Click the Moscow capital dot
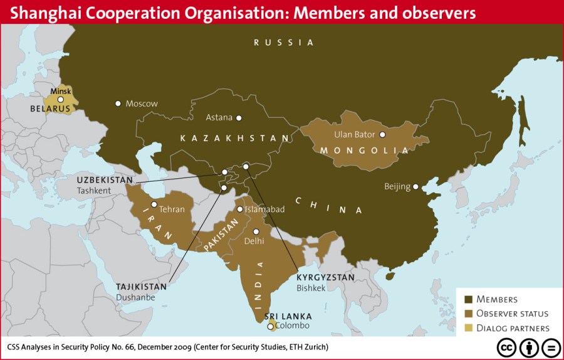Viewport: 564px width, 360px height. (x=118, y=103)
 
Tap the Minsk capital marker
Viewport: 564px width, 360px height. (x=61, y=99)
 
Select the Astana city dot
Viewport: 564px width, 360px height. (x=238, y=117)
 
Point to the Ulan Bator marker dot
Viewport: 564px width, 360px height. (x=382, y=134)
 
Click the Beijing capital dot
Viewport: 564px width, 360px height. (x=416, y=186)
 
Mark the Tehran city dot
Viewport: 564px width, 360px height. (x=154, y=204)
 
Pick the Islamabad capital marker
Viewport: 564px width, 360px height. (x=239, y=209)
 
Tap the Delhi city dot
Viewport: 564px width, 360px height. (x=256, y=231)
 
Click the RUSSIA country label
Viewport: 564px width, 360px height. (x=283, y=43)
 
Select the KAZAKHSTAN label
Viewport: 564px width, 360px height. (x=234, y=138)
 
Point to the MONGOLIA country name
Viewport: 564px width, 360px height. (x=364, y=151)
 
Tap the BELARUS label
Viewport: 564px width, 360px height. (x=50, y=109)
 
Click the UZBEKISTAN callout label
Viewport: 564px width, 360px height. (x=105, y=180)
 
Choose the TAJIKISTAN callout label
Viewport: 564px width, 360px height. (x=142, y=287)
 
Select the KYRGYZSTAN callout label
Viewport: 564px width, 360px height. (x=326, y=277)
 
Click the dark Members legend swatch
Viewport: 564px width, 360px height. (x=468, y=299)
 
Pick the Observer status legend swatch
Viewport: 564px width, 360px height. (x=468, y=314)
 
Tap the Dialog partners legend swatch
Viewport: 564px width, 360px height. (x=468, y=328)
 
